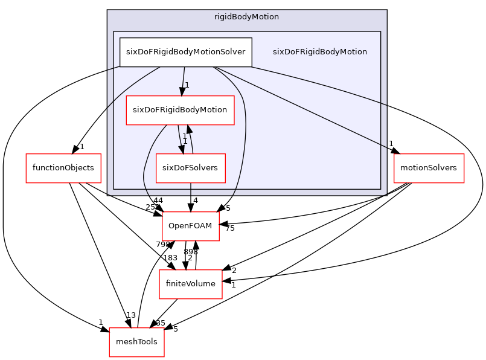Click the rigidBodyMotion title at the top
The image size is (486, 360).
point(246,17)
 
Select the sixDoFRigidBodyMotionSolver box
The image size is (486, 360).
point(185,51)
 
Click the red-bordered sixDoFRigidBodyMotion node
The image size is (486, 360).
point(179,110)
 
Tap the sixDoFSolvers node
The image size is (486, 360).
point(191,168)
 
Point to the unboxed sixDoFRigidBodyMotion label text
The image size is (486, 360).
point(319,52)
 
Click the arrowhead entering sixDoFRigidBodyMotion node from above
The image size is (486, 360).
point(181,91)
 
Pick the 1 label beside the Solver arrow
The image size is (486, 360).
point(187,85)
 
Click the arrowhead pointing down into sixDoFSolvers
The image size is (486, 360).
point(181,149)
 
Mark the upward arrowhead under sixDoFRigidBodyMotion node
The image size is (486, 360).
point(188,129)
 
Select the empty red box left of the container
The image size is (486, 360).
point(63,169)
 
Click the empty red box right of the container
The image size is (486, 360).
point(429,169)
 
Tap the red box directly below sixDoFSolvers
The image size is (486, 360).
point(190,227)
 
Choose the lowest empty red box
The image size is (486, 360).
point(136,342)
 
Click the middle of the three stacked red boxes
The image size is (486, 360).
point(191,284)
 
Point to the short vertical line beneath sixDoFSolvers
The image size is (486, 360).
point(191,189)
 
